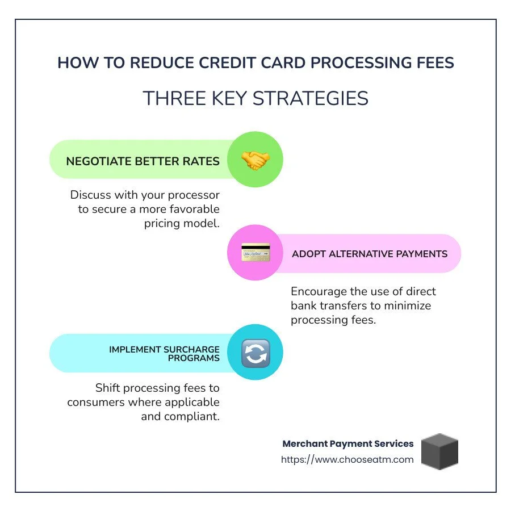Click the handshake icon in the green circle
click(x=255, y=161)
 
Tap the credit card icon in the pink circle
click(x=255, y=253)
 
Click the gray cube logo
click(x=440, y=451)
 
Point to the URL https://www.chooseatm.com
click(x=347, y=459)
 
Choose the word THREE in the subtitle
click(x=169, y=98)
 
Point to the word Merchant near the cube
click(x=305, y=443)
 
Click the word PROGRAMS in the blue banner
click(x=194, y=358)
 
